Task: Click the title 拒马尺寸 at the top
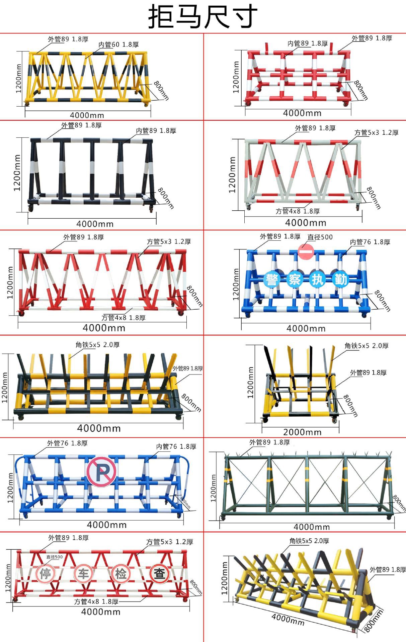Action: pos(203,16)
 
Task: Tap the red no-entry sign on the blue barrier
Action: pos(305,251)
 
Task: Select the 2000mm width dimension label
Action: pos(302,432)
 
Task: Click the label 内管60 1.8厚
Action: pos(118,44)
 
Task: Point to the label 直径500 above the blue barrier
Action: pos(320,237)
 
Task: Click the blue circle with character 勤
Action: pos(340,279)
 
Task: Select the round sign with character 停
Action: pos(45,574)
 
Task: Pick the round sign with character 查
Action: pos(159,574)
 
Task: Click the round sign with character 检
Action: pos(121,574)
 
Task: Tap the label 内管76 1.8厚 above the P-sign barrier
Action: pos(176,447)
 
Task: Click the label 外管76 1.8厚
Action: pos(67,443)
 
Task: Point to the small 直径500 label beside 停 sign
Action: pos(54,557)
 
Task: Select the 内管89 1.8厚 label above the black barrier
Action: pos(156,131)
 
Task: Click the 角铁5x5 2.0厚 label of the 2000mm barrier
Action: pos(367,346)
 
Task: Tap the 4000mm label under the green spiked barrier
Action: pos(312,527)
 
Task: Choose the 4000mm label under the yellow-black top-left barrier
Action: pos(87,115)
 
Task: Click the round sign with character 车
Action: pos(83,574)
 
